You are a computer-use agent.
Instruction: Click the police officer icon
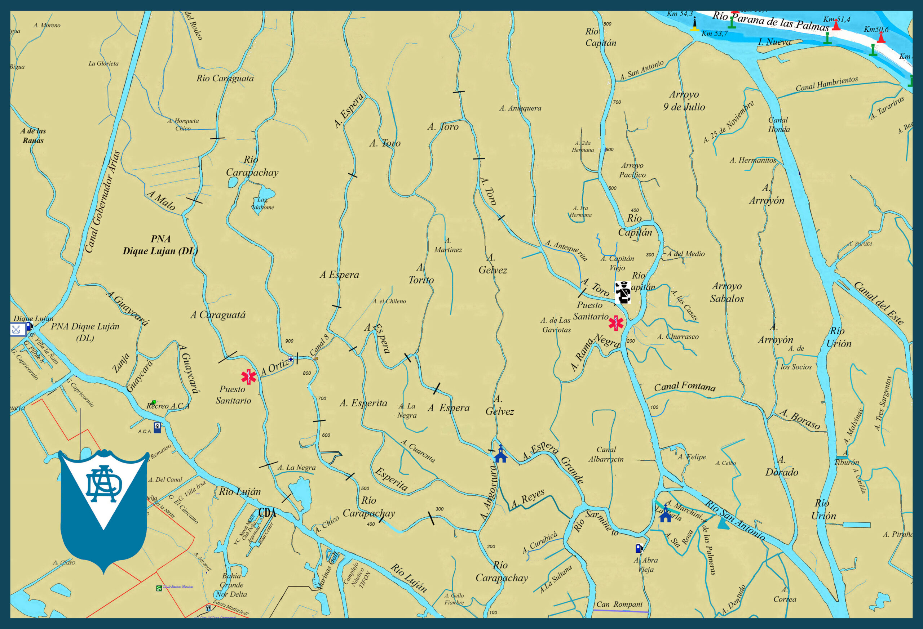pyautogui.click(x=623, y=292)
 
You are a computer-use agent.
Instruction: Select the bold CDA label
pyautogui.click(x=267, y=513)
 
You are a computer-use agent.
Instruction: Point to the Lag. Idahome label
pyautogui.click(x=263, y=204)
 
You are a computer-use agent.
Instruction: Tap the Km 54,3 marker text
pyautogui.click(x=680, y=14)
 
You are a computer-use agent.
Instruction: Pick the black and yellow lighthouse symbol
pyautogui.click(x=694, y=24)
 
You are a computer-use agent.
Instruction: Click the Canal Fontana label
pyautogui.click(x=685, y=386)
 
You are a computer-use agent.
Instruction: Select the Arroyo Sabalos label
pyautogui.click(x=727, y=292)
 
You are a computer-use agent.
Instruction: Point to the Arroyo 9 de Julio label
pyautogui.click(x=684, y=101)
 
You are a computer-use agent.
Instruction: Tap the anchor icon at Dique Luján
pyautogui.click(x=16, y=329)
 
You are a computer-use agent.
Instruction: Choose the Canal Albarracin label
pyautogui.click(x=606, y=454)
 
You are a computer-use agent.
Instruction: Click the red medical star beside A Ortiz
pyautogui.click(x=249, y=376)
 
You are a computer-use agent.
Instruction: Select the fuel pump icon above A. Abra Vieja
pyautogui.click(x=639, y=548)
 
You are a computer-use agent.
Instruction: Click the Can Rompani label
pyautogui.click(x=619, y=605)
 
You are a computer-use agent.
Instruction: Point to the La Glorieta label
pyautogui.click(x=103, y=63)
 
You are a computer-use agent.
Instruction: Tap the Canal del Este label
pyautogui.click(x=879, y=303)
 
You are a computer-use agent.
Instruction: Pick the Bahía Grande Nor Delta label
pyautogui.click(x=231, y=585)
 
